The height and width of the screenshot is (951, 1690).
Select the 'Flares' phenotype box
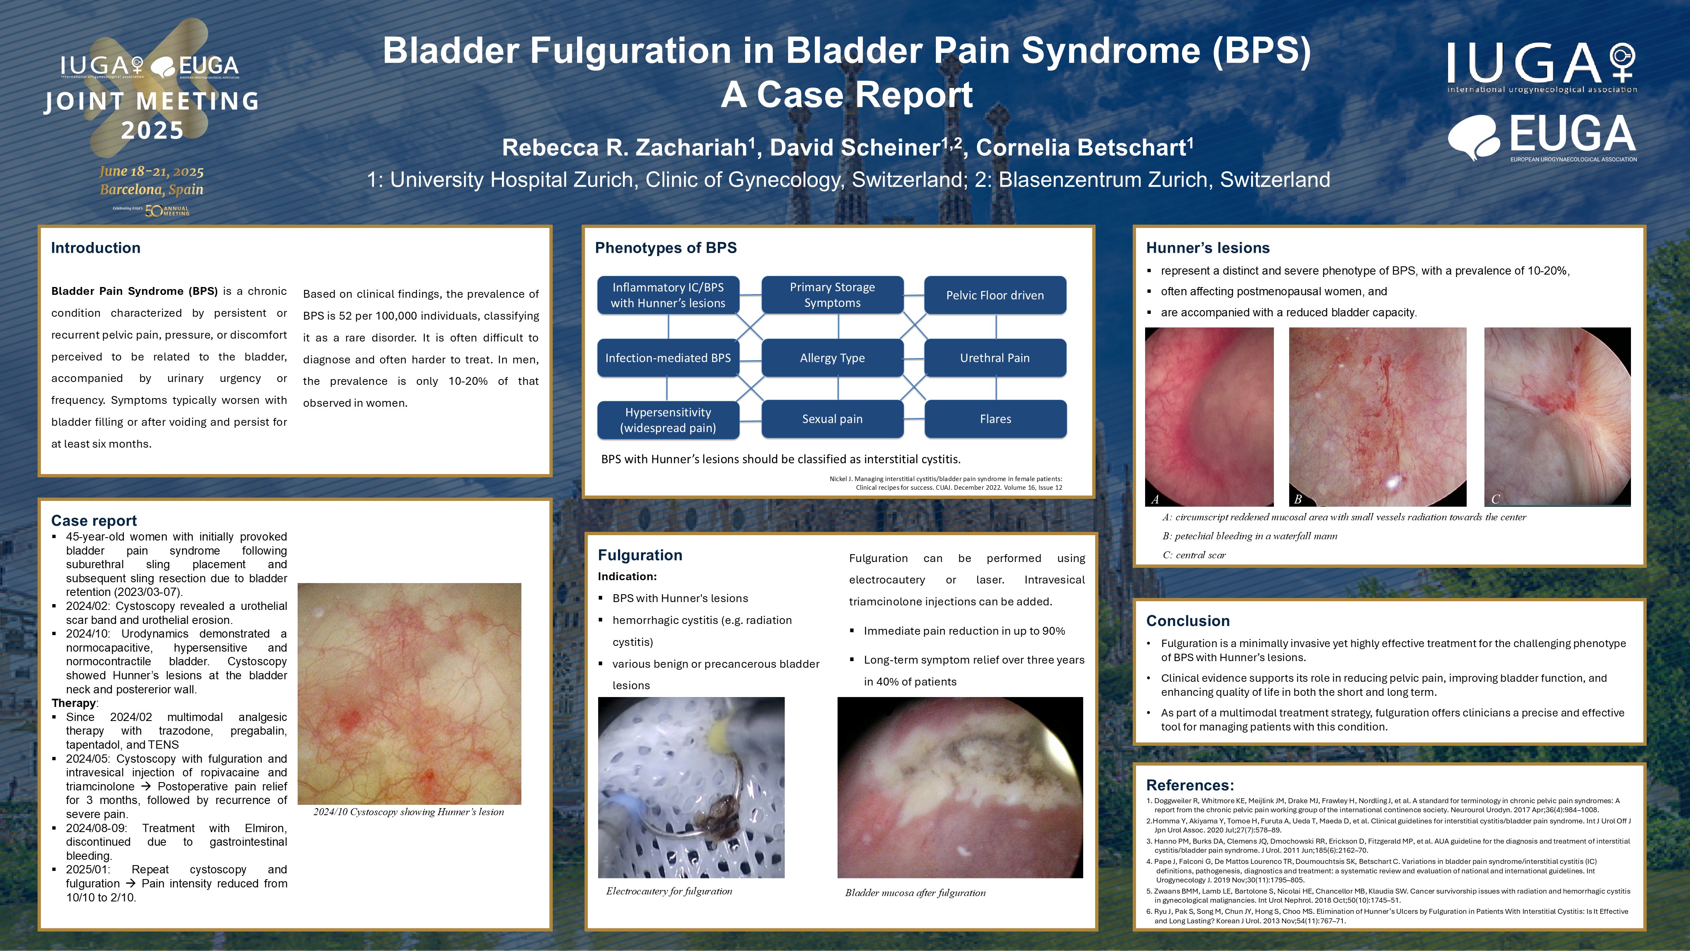[995, 419]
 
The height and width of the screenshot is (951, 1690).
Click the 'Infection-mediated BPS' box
[668, 358]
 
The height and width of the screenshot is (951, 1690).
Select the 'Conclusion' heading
[1188, 621]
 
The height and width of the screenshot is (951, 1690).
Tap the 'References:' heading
[1189, 785]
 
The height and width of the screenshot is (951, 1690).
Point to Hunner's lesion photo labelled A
[1209, 417]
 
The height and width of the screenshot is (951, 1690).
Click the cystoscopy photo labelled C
[1557, 417]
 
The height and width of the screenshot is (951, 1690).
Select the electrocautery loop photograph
[691, 787]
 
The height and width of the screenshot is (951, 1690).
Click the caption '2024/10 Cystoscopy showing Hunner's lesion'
[409, 812]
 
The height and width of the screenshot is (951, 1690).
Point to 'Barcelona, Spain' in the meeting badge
[151, 190]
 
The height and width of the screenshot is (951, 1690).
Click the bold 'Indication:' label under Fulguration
[627, 576]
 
